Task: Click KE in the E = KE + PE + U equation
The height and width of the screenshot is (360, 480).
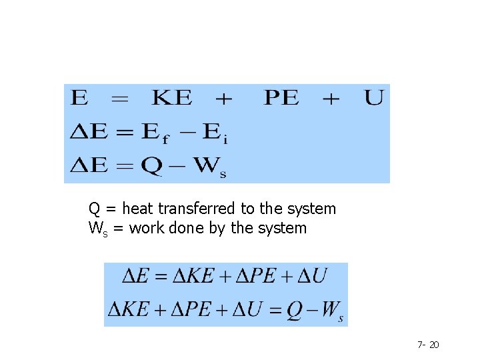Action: [x=173, y=99]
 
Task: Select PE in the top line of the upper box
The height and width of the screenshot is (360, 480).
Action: [x=282, y=99]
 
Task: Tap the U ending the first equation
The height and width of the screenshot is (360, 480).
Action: [x=374, y=99]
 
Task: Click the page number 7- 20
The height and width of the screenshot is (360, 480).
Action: [x=428, y=345]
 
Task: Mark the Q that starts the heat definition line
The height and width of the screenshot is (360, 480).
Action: [x=94, y=209]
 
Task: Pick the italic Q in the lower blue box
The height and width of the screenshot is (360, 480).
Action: [x=295, y=311]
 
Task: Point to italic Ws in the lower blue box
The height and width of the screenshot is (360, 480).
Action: [x=331, y=312]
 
